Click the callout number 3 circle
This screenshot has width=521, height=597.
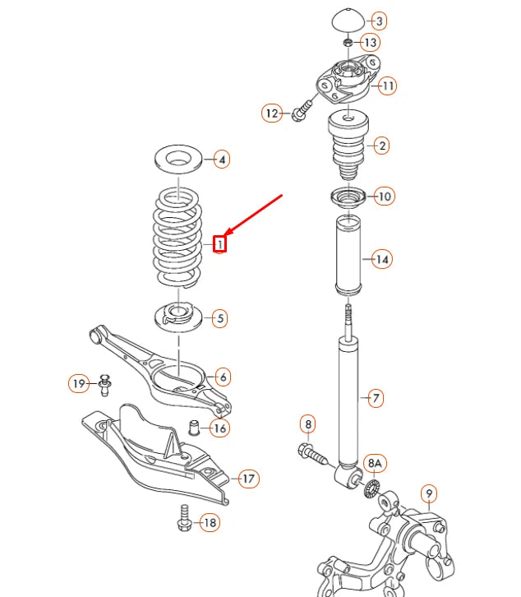pyautogui.click(x=380, y=21)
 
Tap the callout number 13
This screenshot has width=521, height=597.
pyautogui.click(x=371, y=42)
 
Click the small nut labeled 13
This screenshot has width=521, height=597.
pyautogui.click(x=347, y=42)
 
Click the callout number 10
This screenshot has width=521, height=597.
pyautogui.click(x=384, y=196)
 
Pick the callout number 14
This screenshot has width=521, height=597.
pyautogui.click(x=381, y=259)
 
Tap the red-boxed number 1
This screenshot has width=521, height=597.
pyautogui.click(x=219, y=243)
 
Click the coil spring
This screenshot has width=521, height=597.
pyautogui.click(x=176, y=238)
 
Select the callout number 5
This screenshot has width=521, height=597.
pyautogui.click(x=219, y=317)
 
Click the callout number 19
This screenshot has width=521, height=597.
pyautogui.click(x=78, y=383)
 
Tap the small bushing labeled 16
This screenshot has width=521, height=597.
pyautogui.click(x=196, y=427)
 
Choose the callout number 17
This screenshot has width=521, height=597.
pyautogui.click(x=247, y=478)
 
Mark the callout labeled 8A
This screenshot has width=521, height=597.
pyautogui.click(x=375, y=464)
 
